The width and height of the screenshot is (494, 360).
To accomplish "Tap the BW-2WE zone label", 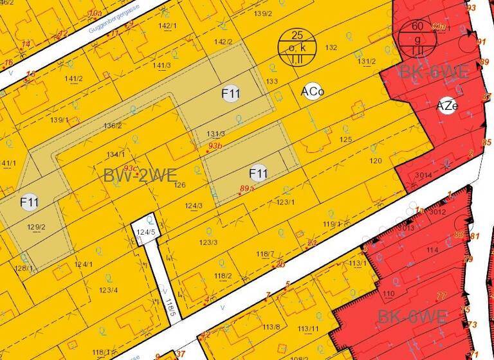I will (x=140, y=175).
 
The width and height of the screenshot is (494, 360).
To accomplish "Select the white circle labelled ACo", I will (x=312, y=92).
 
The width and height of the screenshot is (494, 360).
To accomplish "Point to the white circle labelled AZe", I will (x=447, y=106).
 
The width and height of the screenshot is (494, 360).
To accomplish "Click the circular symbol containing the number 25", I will (x=296, y=46).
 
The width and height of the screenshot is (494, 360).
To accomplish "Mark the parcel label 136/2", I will (x=113, y=125).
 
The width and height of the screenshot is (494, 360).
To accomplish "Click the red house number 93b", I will (x=214, y=147).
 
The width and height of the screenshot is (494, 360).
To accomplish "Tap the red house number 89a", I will (x=247, y=188).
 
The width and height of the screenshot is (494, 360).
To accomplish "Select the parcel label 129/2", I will (x=37, y=227).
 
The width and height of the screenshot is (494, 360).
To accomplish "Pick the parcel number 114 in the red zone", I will (x=432, y=249).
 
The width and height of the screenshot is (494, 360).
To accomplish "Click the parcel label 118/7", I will (x=265, y=255).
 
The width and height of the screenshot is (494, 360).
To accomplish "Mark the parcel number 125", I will (x=345, y=139).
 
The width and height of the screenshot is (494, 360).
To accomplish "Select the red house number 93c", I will (x=131, y=168).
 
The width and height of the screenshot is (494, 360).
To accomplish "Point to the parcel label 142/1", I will (x=167, y=26).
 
